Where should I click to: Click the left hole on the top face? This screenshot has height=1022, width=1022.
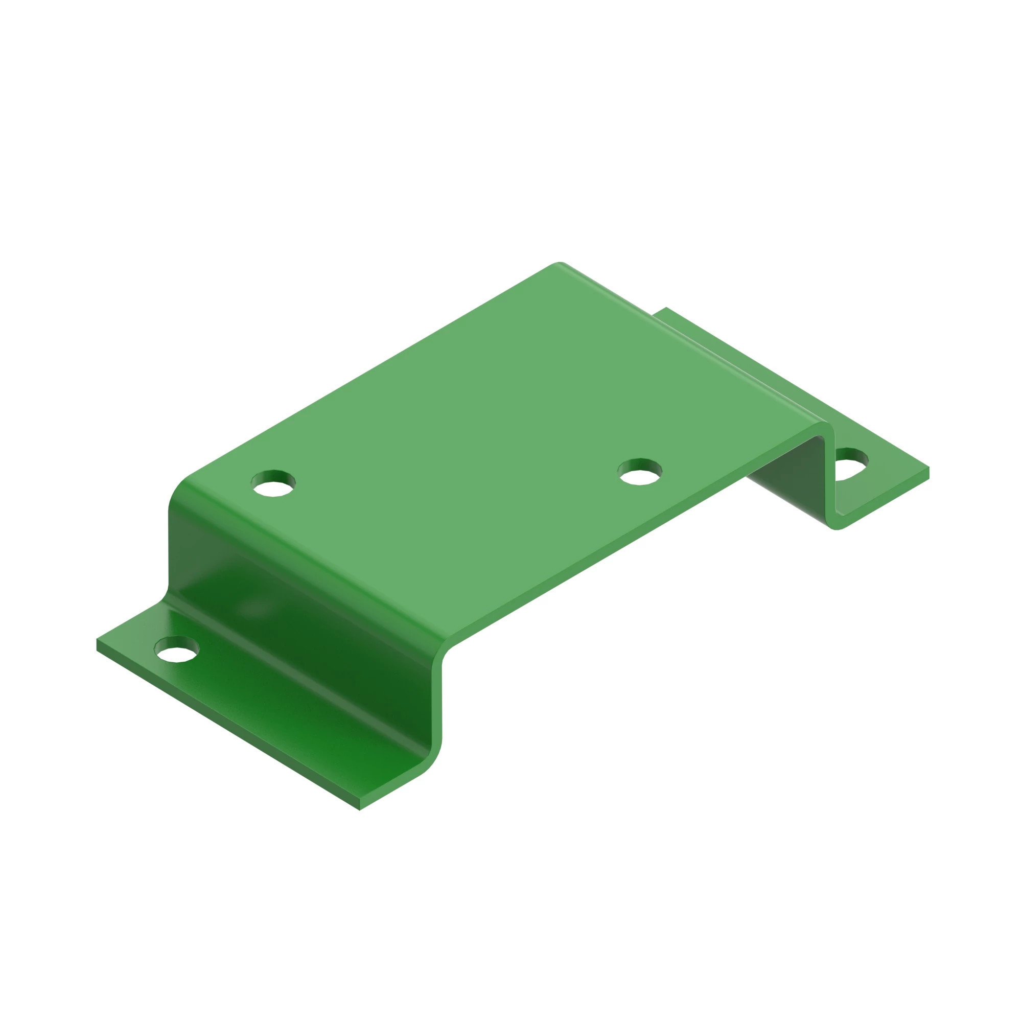273,483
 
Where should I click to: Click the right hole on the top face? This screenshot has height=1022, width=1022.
640,471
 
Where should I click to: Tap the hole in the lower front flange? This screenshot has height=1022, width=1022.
176,649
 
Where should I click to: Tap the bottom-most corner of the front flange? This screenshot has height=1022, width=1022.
360,809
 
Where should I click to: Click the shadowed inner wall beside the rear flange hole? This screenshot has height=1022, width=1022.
794,476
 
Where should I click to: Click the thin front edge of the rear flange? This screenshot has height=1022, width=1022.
889,500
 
